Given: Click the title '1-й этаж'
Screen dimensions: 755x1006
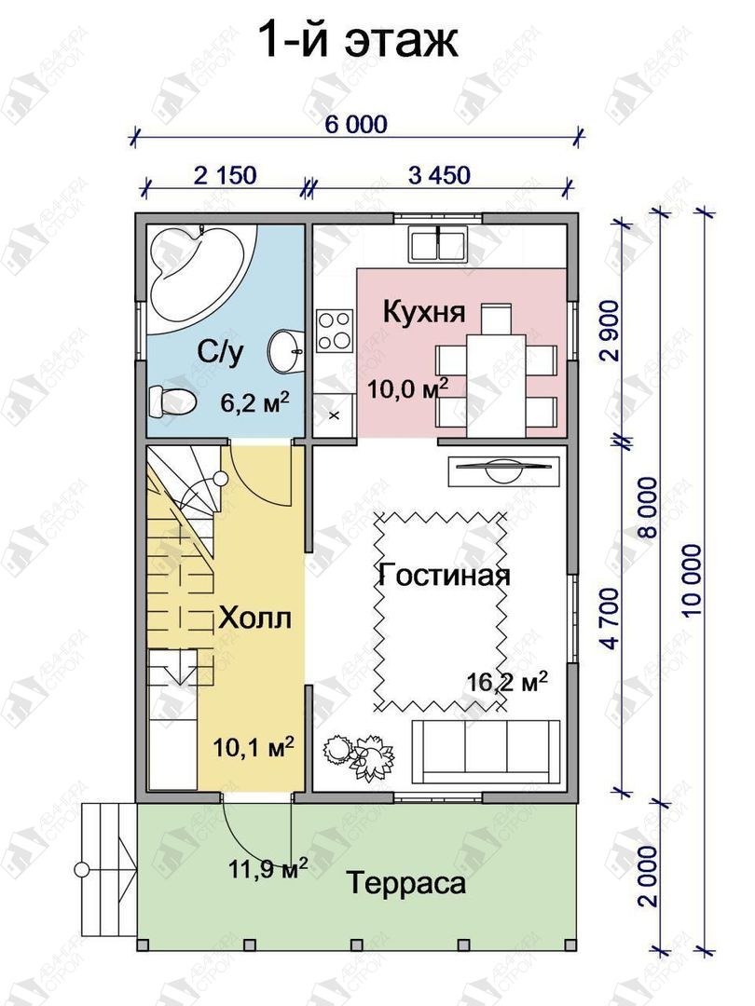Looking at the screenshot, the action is (x=358, y=41).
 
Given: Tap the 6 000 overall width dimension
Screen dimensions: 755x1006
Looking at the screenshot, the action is (x=356, y=124).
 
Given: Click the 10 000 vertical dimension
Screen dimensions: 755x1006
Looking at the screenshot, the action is (x=693, y=580).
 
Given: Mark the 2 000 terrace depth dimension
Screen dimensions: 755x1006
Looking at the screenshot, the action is (x=649, y=875).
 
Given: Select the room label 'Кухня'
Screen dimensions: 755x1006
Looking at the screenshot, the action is (x=424, y=312).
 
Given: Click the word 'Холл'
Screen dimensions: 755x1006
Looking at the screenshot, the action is (x=255, y=618).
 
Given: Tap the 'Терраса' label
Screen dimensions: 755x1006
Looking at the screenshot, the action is (x=406, y=883).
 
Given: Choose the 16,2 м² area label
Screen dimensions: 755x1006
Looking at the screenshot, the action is (x=507, y=681).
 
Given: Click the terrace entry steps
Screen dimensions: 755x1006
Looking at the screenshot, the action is (x=109, y=869).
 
